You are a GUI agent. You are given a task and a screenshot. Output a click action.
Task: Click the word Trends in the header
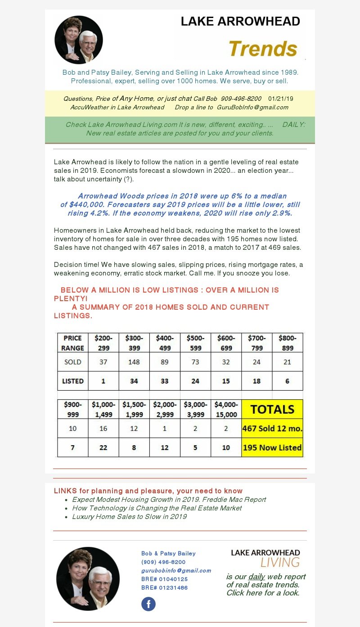[x=263, y=49]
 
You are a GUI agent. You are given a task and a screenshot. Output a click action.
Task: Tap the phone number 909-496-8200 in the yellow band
[x=241, y=99]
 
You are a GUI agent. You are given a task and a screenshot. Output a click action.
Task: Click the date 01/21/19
[x=280, y=99]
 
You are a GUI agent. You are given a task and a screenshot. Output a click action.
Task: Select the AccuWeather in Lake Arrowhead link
[x=117, y=107]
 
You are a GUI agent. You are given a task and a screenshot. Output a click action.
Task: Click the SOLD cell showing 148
[x=134, y=362]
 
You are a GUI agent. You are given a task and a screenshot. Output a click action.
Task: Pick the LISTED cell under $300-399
[x=134, y=381]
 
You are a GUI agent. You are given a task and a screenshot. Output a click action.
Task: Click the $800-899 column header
[x=288, y=343]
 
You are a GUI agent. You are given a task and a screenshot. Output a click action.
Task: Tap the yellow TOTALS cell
[x=272, y=409]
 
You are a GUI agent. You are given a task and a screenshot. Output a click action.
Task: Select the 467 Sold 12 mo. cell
[x=272, y=429]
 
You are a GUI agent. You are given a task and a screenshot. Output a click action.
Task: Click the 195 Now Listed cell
[x=272, y=447]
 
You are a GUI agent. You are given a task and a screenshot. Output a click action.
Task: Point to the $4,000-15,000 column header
[x=226, y=409]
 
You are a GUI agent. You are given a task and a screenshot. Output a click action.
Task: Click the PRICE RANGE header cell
[x=72, y=343]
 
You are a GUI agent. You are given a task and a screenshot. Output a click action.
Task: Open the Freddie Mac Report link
[x=169, y=499]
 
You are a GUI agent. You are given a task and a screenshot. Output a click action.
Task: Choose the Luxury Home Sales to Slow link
[x=129, y=516]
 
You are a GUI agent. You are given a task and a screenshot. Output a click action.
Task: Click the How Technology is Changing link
[x=157, y=508]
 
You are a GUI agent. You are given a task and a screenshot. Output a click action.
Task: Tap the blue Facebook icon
[x=148, y=604]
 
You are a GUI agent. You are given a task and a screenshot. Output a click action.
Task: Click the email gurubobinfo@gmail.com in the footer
[x=176, y=570]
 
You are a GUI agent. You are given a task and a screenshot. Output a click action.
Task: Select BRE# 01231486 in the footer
[x=164, y=587]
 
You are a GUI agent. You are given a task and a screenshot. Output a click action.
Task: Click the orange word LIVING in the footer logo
[x=280, y=562]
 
